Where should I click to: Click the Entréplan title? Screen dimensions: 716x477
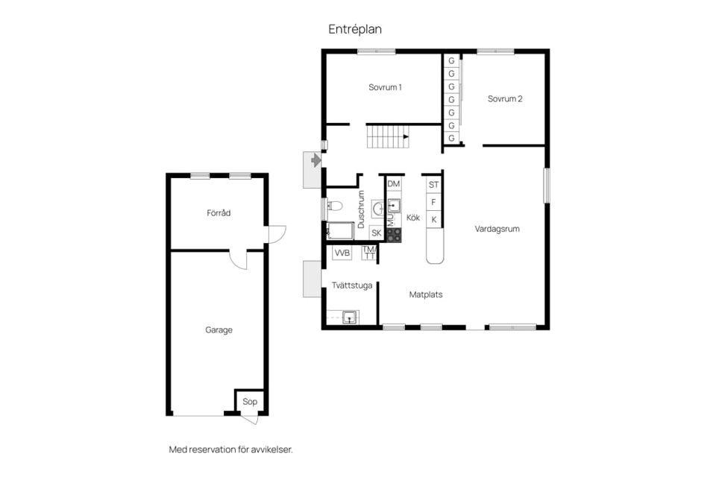355,29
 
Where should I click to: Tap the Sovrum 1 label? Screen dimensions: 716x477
385,87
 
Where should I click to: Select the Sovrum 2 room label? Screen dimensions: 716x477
505,98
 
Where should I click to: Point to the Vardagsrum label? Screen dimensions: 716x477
497,229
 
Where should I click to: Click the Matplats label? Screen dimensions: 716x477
426,295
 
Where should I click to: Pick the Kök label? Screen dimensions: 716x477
412,218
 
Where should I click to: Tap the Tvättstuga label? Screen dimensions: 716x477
351,285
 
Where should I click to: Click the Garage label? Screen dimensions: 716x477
219,330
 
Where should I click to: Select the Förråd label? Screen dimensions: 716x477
219,212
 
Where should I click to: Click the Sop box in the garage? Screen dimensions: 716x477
250,402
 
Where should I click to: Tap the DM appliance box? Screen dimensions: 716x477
394,184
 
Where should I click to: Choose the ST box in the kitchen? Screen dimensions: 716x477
434,185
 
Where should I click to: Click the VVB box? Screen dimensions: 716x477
342,253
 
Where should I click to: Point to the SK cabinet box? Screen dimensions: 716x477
376,233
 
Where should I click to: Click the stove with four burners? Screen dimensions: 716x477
394,235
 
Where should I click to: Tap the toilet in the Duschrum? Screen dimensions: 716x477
335,206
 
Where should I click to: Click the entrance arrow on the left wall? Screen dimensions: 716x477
316,160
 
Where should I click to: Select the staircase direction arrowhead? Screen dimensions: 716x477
406,136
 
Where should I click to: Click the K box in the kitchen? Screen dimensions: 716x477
434,220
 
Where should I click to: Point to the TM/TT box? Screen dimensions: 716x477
369,253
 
